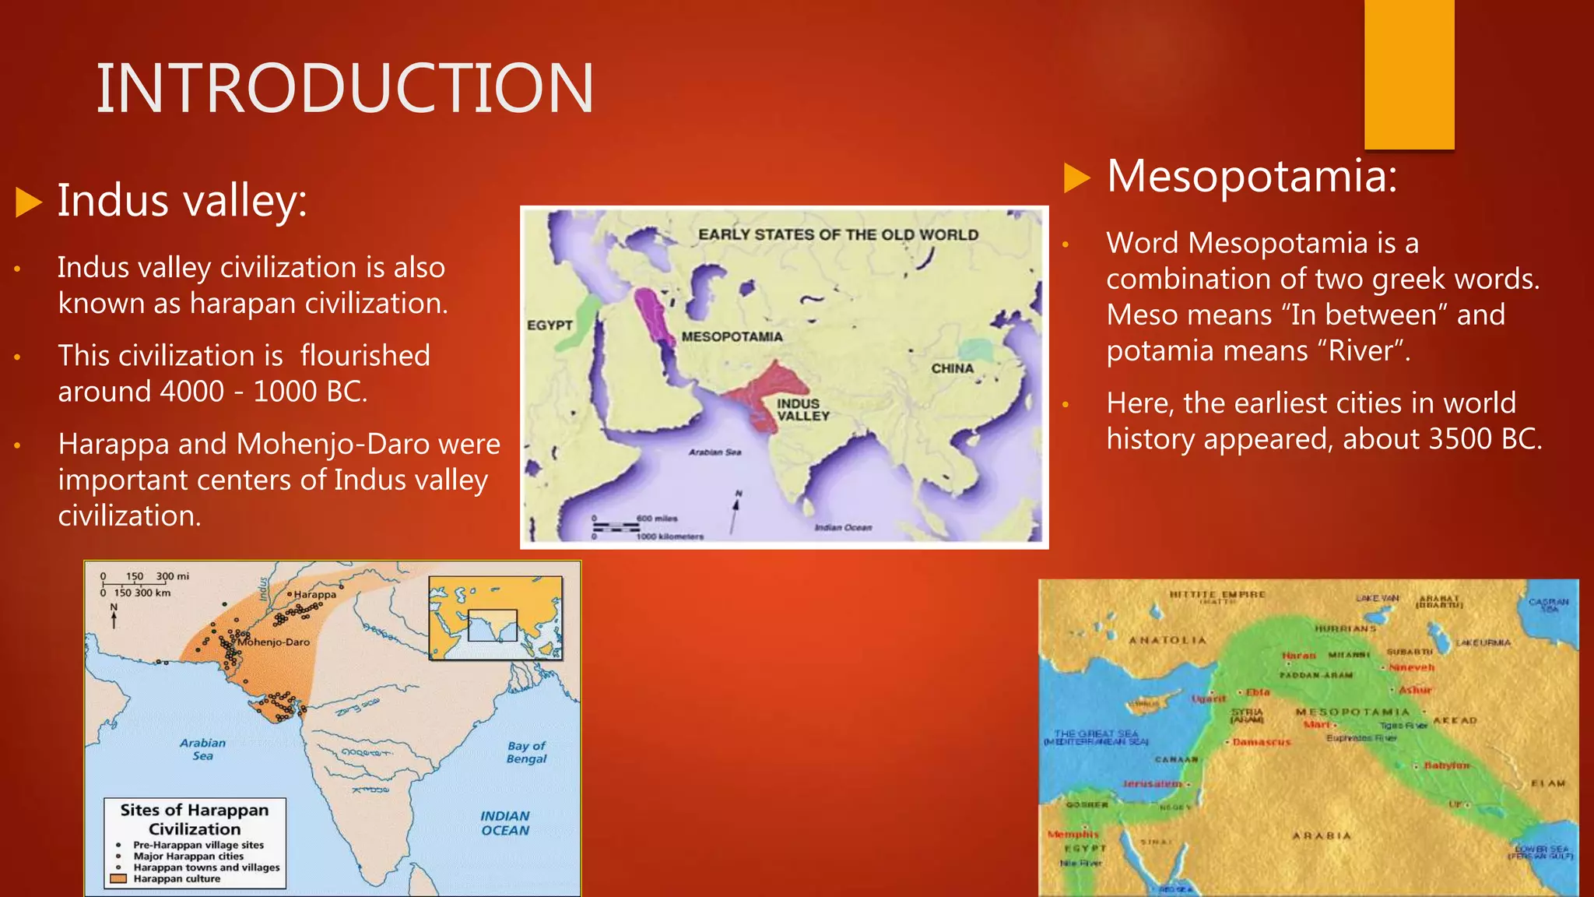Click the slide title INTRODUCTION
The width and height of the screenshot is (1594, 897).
[x=345, y=88]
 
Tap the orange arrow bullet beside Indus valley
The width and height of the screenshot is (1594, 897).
[x=29, y=202]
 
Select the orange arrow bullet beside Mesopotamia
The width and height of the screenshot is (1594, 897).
[x=1077, y=178]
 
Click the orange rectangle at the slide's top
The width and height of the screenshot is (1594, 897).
[x=1409, y=74]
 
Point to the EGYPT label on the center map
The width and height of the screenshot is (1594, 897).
[x=549, y=325]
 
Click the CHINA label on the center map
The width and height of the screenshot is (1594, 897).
[x=952, y=368]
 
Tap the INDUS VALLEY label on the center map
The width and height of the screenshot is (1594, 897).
[x=802, y=410]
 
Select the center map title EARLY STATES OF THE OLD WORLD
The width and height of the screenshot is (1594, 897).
[x=837, y=234]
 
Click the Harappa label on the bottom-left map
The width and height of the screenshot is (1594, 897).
[x=315, y=595]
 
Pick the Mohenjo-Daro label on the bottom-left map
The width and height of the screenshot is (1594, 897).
[x=274, y=642]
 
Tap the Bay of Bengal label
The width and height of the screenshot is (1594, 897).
[x=526, y=752]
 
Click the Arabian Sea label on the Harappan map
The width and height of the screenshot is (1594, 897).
[x=202, y=749]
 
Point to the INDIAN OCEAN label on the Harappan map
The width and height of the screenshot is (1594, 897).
[x=504, y=823]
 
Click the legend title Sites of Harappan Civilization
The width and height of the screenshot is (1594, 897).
[x=195, y=819]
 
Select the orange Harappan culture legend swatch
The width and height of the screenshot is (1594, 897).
[x=118, y=879]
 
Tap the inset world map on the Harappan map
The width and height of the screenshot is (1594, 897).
[x=495, y=618]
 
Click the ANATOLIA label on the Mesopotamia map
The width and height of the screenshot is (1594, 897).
[x=1167, y=641]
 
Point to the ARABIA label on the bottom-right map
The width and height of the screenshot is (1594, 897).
[x=1322, y=835]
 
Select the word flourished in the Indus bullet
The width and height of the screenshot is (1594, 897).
[x=365, y=356]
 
